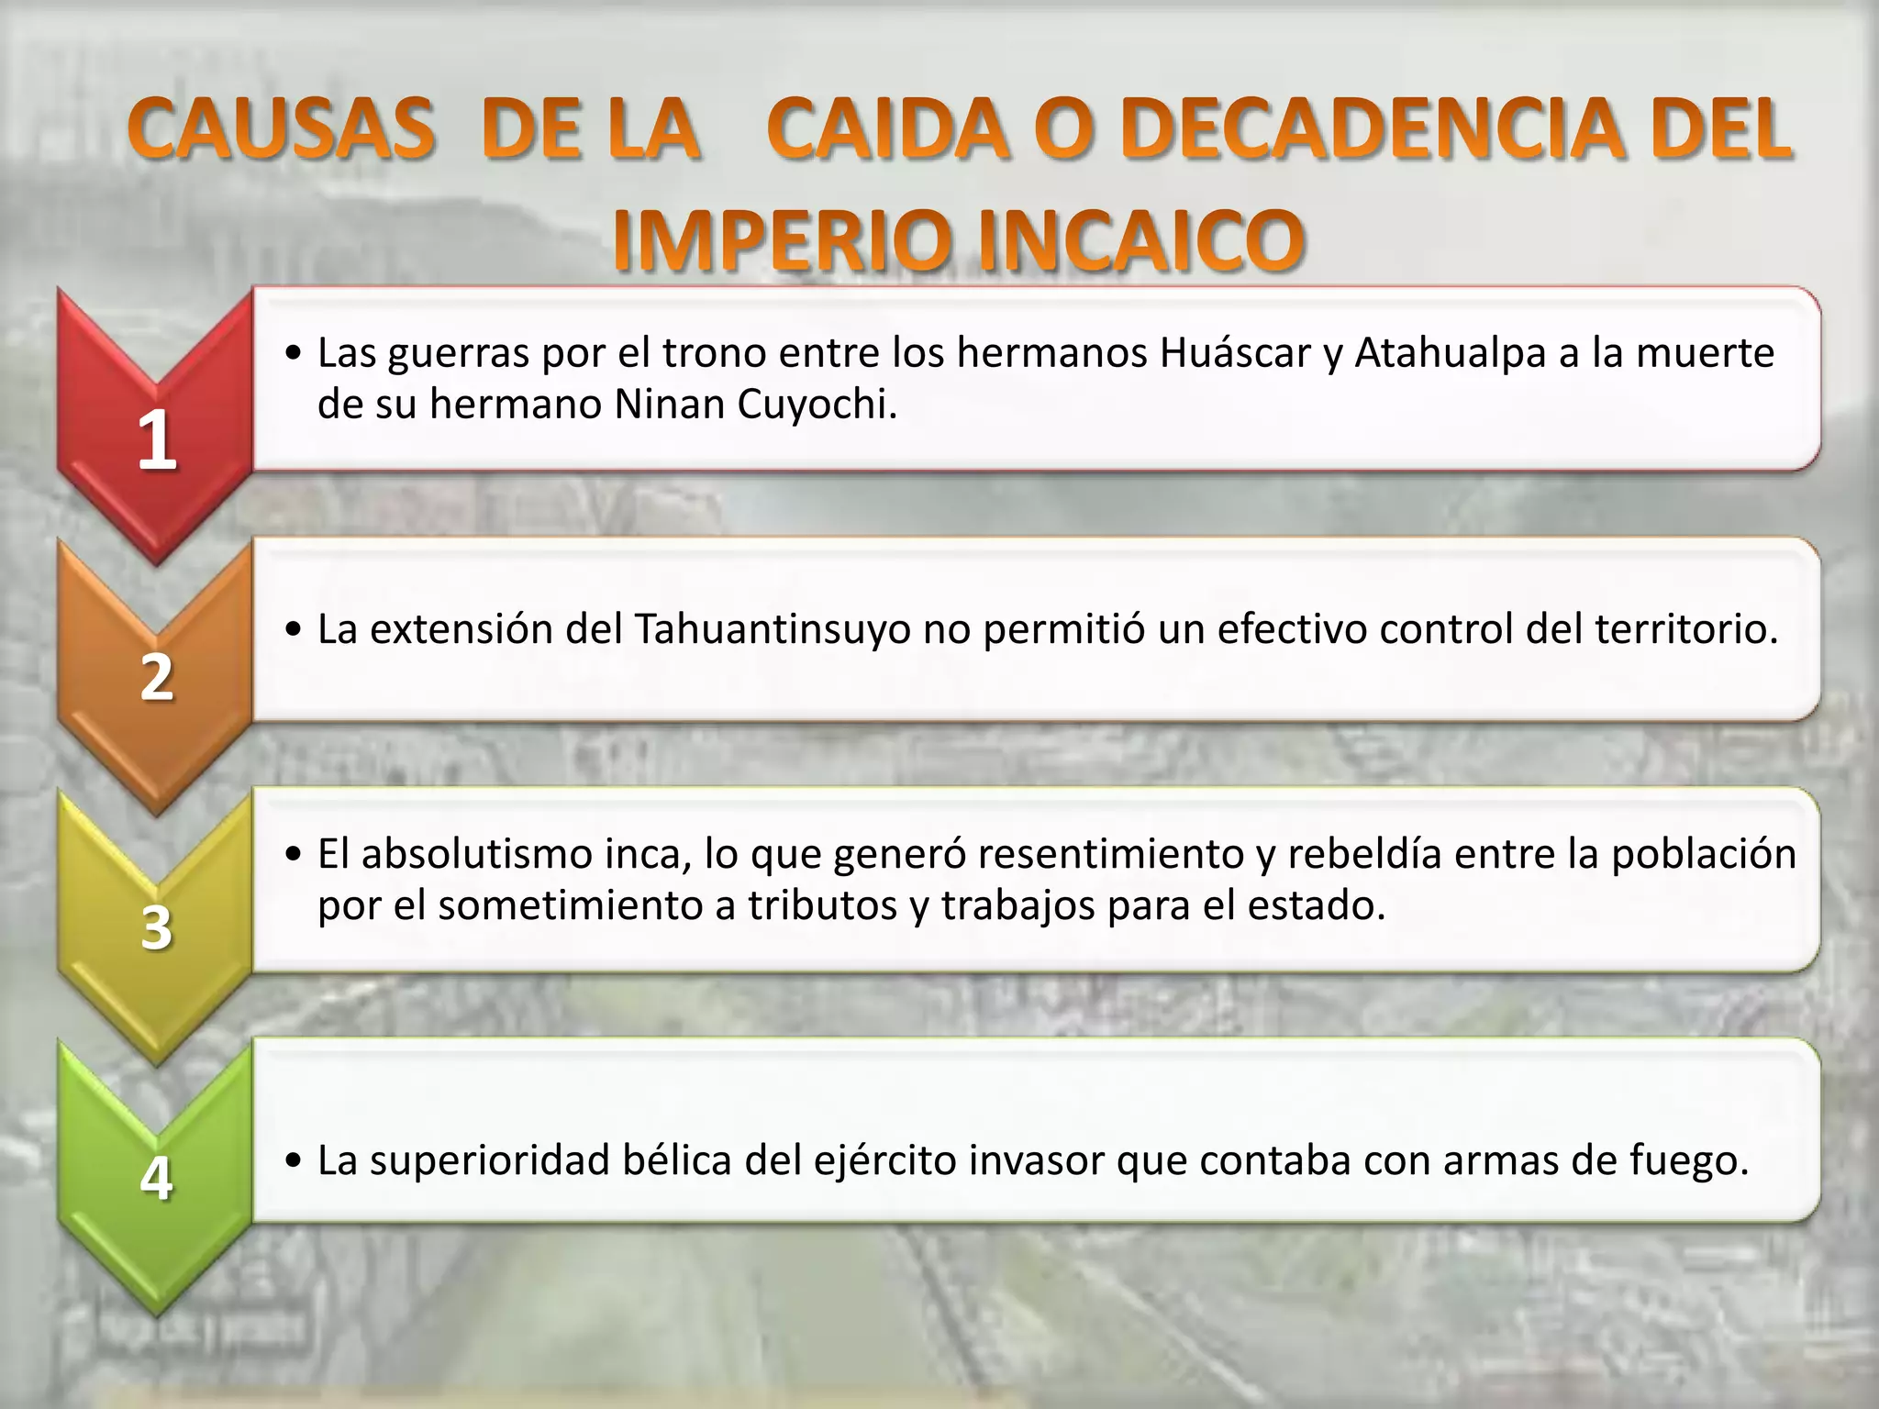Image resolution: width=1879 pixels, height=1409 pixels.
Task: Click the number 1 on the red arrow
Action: click(157, 439)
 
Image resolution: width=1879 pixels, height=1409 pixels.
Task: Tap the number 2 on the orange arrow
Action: click(157, 678)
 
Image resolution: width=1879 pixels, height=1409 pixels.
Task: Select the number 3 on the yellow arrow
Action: click(157, 927)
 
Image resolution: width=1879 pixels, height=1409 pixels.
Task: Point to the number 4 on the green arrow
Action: click(157, 1178)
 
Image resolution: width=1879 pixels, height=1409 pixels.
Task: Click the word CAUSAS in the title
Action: click(281, 130)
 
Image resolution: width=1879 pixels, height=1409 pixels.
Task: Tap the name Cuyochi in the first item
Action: click(817, 405)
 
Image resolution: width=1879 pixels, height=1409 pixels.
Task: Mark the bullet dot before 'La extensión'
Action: click(294, 631)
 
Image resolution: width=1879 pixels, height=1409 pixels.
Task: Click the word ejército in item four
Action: click(874, 1161)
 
